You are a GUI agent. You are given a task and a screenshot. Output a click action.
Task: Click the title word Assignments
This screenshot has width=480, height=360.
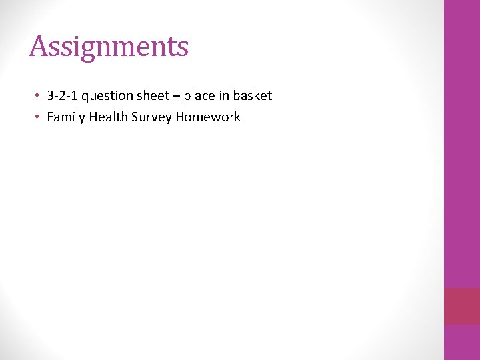point(109,47)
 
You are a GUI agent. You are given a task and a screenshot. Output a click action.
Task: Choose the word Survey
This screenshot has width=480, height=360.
point(153,117)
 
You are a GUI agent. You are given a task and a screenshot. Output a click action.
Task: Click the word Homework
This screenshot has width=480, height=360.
point(208,117)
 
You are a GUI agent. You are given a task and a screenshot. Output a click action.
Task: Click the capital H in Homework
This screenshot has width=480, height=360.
point(180,117)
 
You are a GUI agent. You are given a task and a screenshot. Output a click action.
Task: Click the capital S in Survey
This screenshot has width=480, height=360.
point(137,117)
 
